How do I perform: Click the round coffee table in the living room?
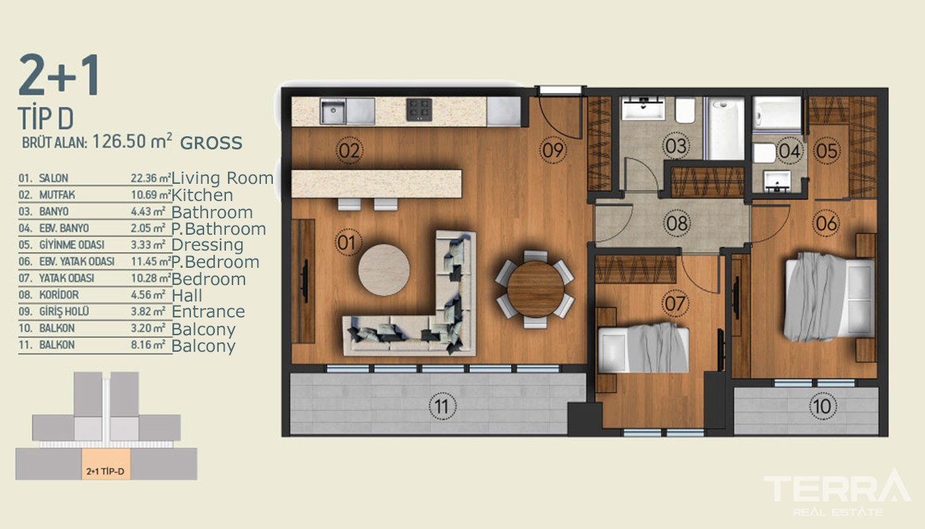tap(384, 270)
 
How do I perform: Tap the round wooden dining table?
tap(536, 290)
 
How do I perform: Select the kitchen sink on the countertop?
tap(333, 111)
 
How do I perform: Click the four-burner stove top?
tap(419, 110)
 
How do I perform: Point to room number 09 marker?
tap(552, 150)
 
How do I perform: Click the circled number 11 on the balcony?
tap(442, 407)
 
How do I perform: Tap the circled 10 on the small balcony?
tap(822, 406)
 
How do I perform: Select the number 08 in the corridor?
tap(677, 224)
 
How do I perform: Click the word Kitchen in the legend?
tap(202, 195)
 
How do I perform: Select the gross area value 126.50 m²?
tap(132, 142)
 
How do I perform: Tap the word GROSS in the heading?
tap(211, 143)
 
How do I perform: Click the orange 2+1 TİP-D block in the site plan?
tap(106, 464)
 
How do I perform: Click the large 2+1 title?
tap(59, 75)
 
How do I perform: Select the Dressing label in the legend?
tap(207, 245)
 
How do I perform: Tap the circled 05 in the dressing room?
tap(827, 151)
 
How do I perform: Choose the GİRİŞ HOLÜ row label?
tap(64, 311)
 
